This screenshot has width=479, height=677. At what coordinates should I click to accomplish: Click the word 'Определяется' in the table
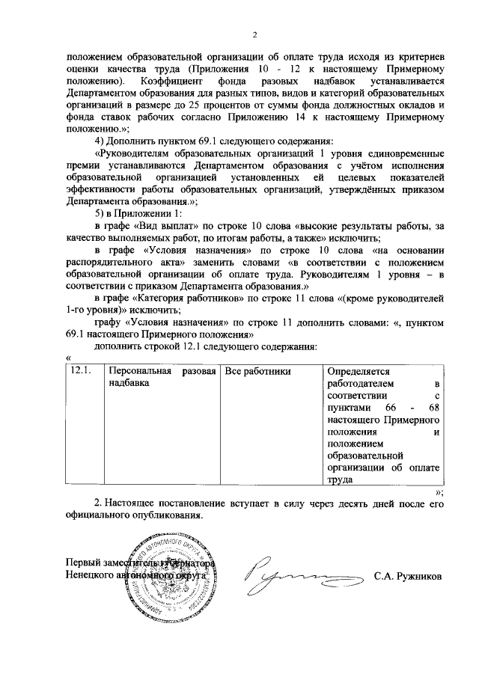[359, 371]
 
